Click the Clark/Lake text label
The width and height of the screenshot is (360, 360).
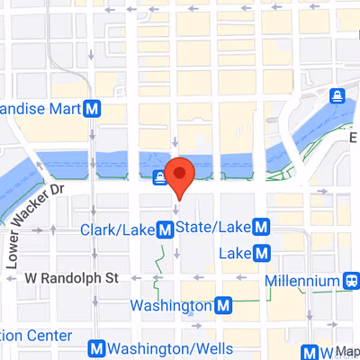[117, 230]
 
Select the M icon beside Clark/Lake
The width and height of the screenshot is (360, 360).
[166, 230]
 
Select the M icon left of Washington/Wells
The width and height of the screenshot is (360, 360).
[94, 349]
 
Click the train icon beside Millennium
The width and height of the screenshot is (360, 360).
[350, 282]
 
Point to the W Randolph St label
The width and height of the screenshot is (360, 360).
[71, 279]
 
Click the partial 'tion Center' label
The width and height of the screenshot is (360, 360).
[35, 335]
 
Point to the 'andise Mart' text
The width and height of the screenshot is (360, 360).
[40, 110]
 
